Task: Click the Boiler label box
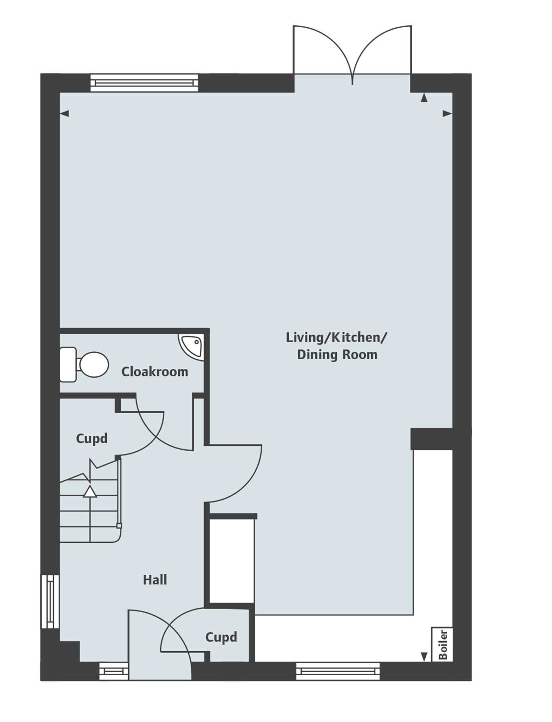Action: pyautogui.click(x=442, y=644)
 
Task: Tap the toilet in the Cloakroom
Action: pyautogui.click(x=86, y=365)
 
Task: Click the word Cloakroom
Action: pyautogui.click(x=155, y=372)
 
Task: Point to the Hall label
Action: pyautogui.click(x=155, y=580)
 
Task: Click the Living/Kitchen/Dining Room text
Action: pyautogui.click(x=336, y=346)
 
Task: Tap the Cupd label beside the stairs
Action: pyautogui.click(x=92, y=438)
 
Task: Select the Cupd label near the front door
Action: pyautogui.click(x=221, y=637)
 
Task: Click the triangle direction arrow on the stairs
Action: pyautogui.click(x=90, y=492)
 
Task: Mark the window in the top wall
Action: pyautogui.click(x=144, y=83)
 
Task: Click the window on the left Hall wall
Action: pyautogui.click(x=50, y=601)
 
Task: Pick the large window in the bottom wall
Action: pyautogui.click(x=338, y=671)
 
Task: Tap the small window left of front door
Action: pyautogui.click(x=114, y=671)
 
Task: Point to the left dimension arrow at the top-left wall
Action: pyautogui.click(x=64, y=113)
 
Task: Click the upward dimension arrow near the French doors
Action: pyautogui.click(x=424, y=98)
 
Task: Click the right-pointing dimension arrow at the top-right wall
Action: pyautogui.click(x=447, y=113)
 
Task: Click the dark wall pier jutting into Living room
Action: pyautogui.click(x=430, y=439)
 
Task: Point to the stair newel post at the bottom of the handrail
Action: pyautogui.click(x=119, y=526)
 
